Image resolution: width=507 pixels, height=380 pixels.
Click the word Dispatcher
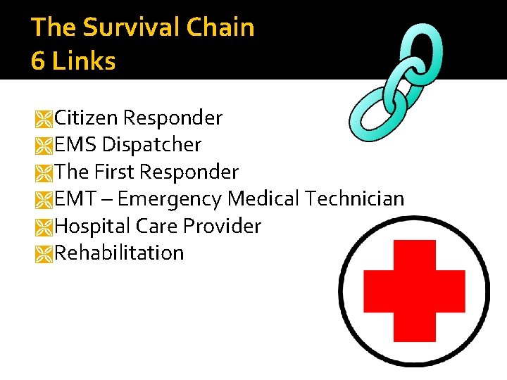pyautogui.click(x=151, y=145)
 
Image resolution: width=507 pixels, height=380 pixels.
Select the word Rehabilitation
pyautogui.click(x=119, y=253)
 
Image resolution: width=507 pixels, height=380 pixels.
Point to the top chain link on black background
pyautogui.click(x=425, y=51)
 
